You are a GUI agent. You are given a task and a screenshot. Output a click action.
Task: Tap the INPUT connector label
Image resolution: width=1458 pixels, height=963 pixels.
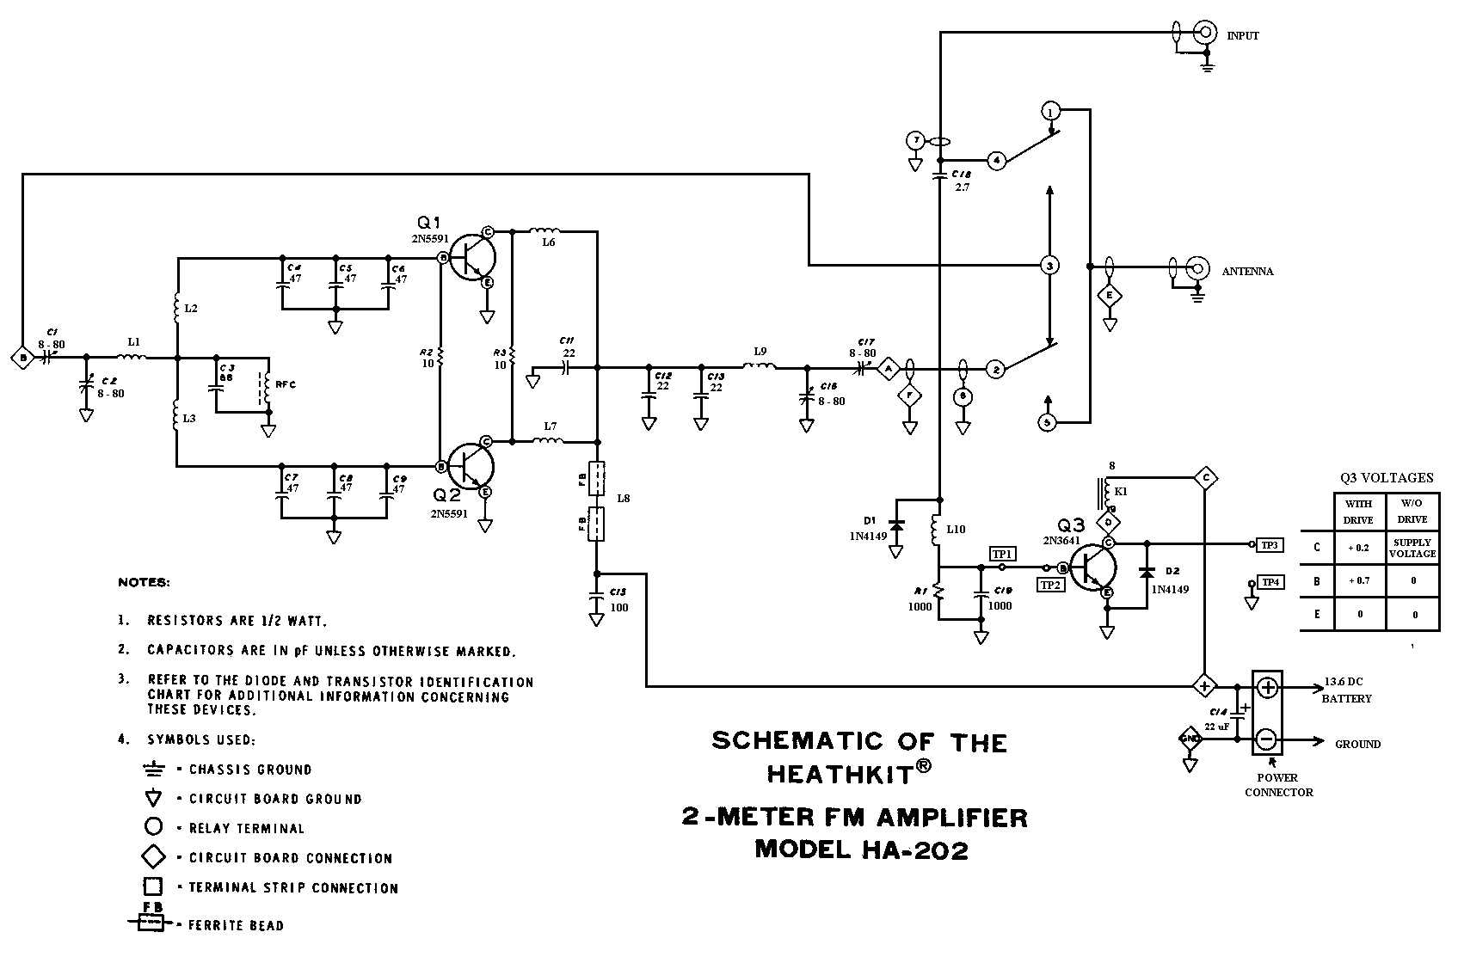1242,36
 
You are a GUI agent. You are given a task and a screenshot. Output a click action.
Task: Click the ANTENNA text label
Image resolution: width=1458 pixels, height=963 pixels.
1247,272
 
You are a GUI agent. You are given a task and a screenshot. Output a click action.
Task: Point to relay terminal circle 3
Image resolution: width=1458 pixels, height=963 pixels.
1049,265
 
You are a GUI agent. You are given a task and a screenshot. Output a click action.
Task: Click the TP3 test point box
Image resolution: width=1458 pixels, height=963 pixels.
1270,544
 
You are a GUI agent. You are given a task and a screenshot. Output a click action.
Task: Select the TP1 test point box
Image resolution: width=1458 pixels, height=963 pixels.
1002,554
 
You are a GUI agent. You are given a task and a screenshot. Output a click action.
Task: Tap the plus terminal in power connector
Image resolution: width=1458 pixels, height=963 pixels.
1267,687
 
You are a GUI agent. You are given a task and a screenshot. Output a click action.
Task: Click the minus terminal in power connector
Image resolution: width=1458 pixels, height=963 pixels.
1267,739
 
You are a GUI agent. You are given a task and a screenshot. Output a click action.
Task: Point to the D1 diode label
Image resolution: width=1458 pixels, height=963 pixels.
870,521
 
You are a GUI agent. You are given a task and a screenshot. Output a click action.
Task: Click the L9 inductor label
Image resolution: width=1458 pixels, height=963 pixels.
760,352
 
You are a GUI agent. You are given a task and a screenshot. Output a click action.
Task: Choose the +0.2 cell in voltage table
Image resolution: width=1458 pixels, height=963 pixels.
1360,548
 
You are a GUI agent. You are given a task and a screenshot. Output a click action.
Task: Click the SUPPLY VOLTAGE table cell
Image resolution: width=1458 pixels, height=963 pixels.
1412,548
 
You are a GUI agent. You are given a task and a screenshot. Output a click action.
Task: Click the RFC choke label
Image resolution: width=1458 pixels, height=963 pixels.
286,384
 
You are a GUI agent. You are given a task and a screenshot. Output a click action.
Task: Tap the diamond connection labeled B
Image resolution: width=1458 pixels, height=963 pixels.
22,357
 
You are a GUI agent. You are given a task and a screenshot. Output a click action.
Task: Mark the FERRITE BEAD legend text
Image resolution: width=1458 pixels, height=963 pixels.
236,926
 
